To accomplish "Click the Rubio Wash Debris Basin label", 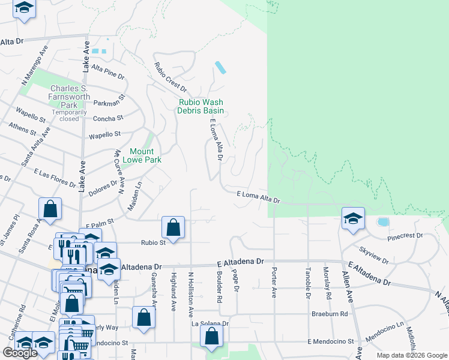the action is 200,106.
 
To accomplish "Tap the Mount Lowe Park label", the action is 138,155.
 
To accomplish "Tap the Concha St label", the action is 108,118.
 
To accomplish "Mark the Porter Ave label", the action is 274,283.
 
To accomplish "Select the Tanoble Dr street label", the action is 309,283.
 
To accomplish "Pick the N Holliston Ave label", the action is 191,294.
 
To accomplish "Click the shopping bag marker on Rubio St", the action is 173,228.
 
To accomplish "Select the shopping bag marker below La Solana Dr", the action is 212,338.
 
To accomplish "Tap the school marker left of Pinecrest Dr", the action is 353,218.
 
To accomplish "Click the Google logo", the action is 20,353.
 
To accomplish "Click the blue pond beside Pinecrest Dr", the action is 382,222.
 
